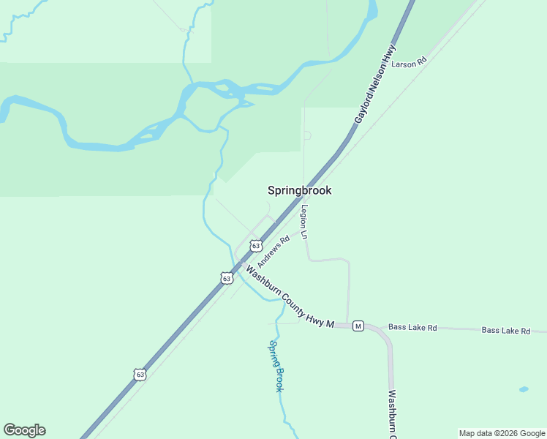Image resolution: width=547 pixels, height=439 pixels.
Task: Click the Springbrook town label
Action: [x=299, y=190]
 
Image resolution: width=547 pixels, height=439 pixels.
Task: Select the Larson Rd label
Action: [x=409, y=64]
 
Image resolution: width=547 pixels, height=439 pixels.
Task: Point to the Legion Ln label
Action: [x=304, y=222]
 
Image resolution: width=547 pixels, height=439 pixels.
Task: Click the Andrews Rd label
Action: [x=273, y=251]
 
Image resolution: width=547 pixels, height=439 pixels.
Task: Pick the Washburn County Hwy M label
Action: [x=289, y=296]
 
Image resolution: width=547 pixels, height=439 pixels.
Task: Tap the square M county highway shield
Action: [x=358, y=326]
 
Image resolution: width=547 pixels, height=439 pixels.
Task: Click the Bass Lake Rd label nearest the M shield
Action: [x=412, y=328]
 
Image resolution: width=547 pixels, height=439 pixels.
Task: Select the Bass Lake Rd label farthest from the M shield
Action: [x=506, y=331]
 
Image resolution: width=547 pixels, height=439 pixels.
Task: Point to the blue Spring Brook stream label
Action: [x=276, y=366]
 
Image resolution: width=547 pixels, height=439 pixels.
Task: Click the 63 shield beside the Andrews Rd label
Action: [x=255, y=246]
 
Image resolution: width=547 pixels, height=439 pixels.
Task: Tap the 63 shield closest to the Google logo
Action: [x=140, y=374]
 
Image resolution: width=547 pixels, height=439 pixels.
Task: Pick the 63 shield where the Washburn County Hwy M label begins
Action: [x=227, y=278]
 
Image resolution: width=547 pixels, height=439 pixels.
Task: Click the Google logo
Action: [x=24, y=430]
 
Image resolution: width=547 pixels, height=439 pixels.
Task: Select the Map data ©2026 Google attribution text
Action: [x=502, y=433]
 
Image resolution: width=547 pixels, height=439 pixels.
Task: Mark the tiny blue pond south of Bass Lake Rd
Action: [x=523, y=389]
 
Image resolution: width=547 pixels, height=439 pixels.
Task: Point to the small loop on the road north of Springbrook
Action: [x=307, y=135]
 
